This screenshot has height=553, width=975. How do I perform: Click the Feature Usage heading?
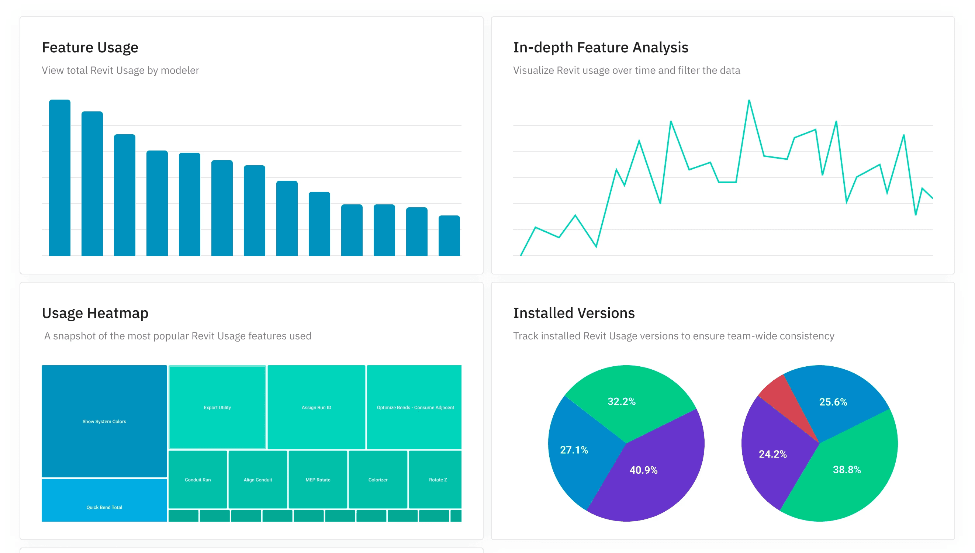[x=90, y=48]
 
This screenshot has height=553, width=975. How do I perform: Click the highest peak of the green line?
[x=749, y=101]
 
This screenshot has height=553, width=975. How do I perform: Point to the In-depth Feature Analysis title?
[x=600, y=48]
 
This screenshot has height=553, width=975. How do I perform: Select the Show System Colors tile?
[x=104, y=421]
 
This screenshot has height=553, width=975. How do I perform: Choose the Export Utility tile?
[x=217, y=407]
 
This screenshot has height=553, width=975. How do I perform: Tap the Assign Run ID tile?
[x=316, y=407]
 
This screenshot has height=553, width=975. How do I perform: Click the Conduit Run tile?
[x=198, y=479]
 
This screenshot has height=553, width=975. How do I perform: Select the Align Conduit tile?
[x=258, y=479]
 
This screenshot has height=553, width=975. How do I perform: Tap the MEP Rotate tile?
[x=318, y=479]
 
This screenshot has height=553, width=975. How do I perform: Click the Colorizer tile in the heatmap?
[x=378, y=479]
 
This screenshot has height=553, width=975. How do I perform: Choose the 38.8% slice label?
[x=847, y=470]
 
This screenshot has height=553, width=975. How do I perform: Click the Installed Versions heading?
[x=574, y=313]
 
